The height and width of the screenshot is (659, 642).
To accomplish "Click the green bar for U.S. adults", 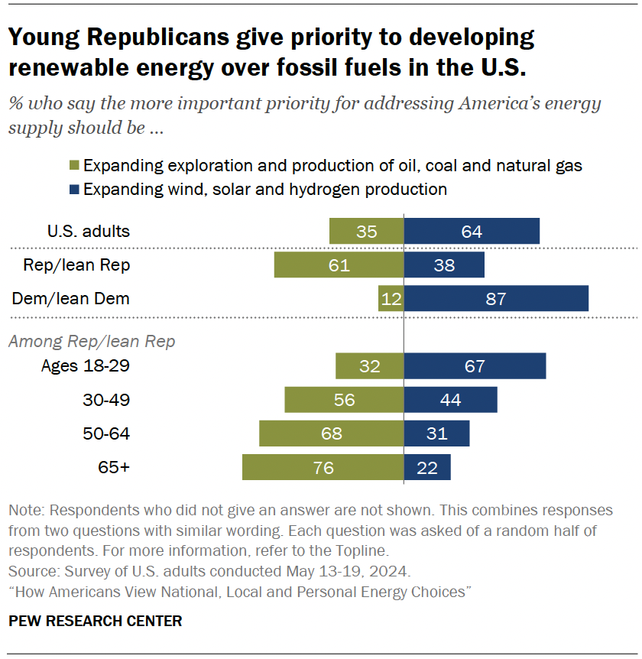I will click(x=366, y=231).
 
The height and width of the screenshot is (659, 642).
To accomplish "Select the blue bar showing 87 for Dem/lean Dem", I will click(x=496, y=298).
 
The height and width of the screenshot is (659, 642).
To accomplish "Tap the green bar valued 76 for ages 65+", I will click(x=323, y=467).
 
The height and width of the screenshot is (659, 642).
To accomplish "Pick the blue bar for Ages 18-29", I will click(x=475, y=366).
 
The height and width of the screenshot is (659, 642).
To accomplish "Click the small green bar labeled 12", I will click(x=391, y=298).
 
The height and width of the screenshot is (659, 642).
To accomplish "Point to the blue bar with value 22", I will click(x=427, y=467).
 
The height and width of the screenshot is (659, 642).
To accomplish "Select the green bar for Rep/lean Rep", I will click(x=339, y=265).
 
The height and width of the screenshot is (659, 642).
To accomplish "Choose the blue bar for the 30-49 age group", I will click(x=451, y=400).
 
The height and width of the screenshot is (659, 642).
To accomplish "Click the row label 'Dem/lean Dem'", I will click(x=70, y=298).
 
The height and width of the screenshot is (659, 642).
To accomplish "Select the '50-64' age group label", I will click(x=105, y=433).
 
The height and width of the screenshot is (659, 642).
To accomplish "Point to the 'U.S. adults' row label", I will click(x=88, y=231).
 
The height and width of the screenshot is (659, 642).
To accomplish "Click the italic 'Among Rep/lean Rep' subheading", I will click(x=91, y=341).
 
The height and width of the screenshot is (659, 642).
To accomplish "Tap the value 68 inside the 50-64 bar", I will click(x=331, y=433).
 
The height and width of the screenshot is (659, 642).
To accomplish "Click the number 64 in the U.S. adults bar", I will click(x=472, y=231).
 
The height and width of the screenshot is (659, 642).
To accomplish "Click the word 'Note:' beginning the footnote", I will click(x=27, y=510).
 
